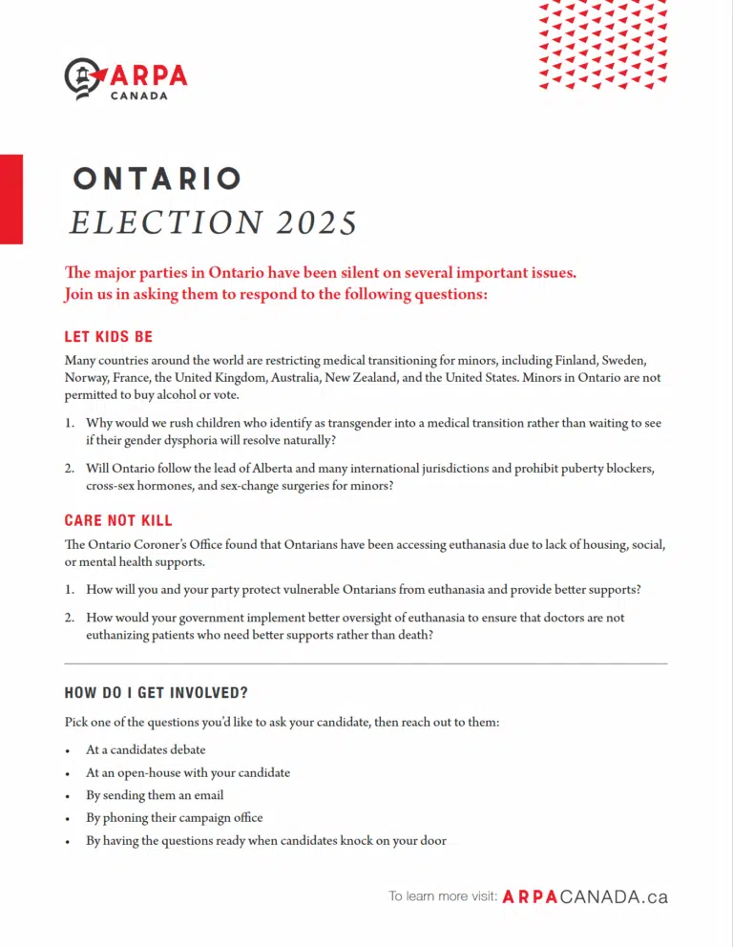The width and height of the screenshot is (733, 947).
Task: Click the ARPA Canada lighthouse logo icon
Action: click(x=83, y=78)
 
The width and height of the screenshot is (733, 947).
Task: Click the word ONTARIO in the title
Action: click(x=157, y=179)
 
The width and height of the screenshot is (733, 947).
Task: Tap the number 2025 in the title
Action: click(x=318, y=222)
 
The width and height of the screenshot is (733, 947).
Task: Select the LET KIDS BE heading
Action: click(x=108, y=337)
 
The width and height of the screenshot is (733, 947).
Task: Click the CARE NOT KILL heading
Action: click(x=118, y=520)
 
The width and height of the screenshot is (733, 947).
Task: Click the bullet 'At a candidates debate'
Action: click(x=145, y=749)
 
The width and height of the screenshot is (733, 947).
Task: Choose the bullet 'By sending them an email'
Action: click(x=155, y=794)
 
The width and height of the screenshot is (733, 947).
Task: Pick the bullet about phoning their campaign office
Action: click(x=174, y=817)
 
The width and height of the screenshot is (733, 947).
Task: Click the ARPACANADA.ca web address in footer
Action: click(x=584, y=896)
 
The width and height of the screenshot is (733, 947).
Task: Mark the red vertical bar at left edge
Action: click(x=11, y=199)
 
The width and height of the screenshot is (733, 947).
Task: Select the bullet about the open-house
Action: click(x=187, y=772)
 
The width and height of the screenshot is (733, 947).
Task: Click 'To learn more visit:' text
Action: click(x=442, y=896)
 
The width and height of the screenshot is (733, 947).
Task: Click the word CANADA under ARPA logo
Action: click(x=139, y=95)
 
